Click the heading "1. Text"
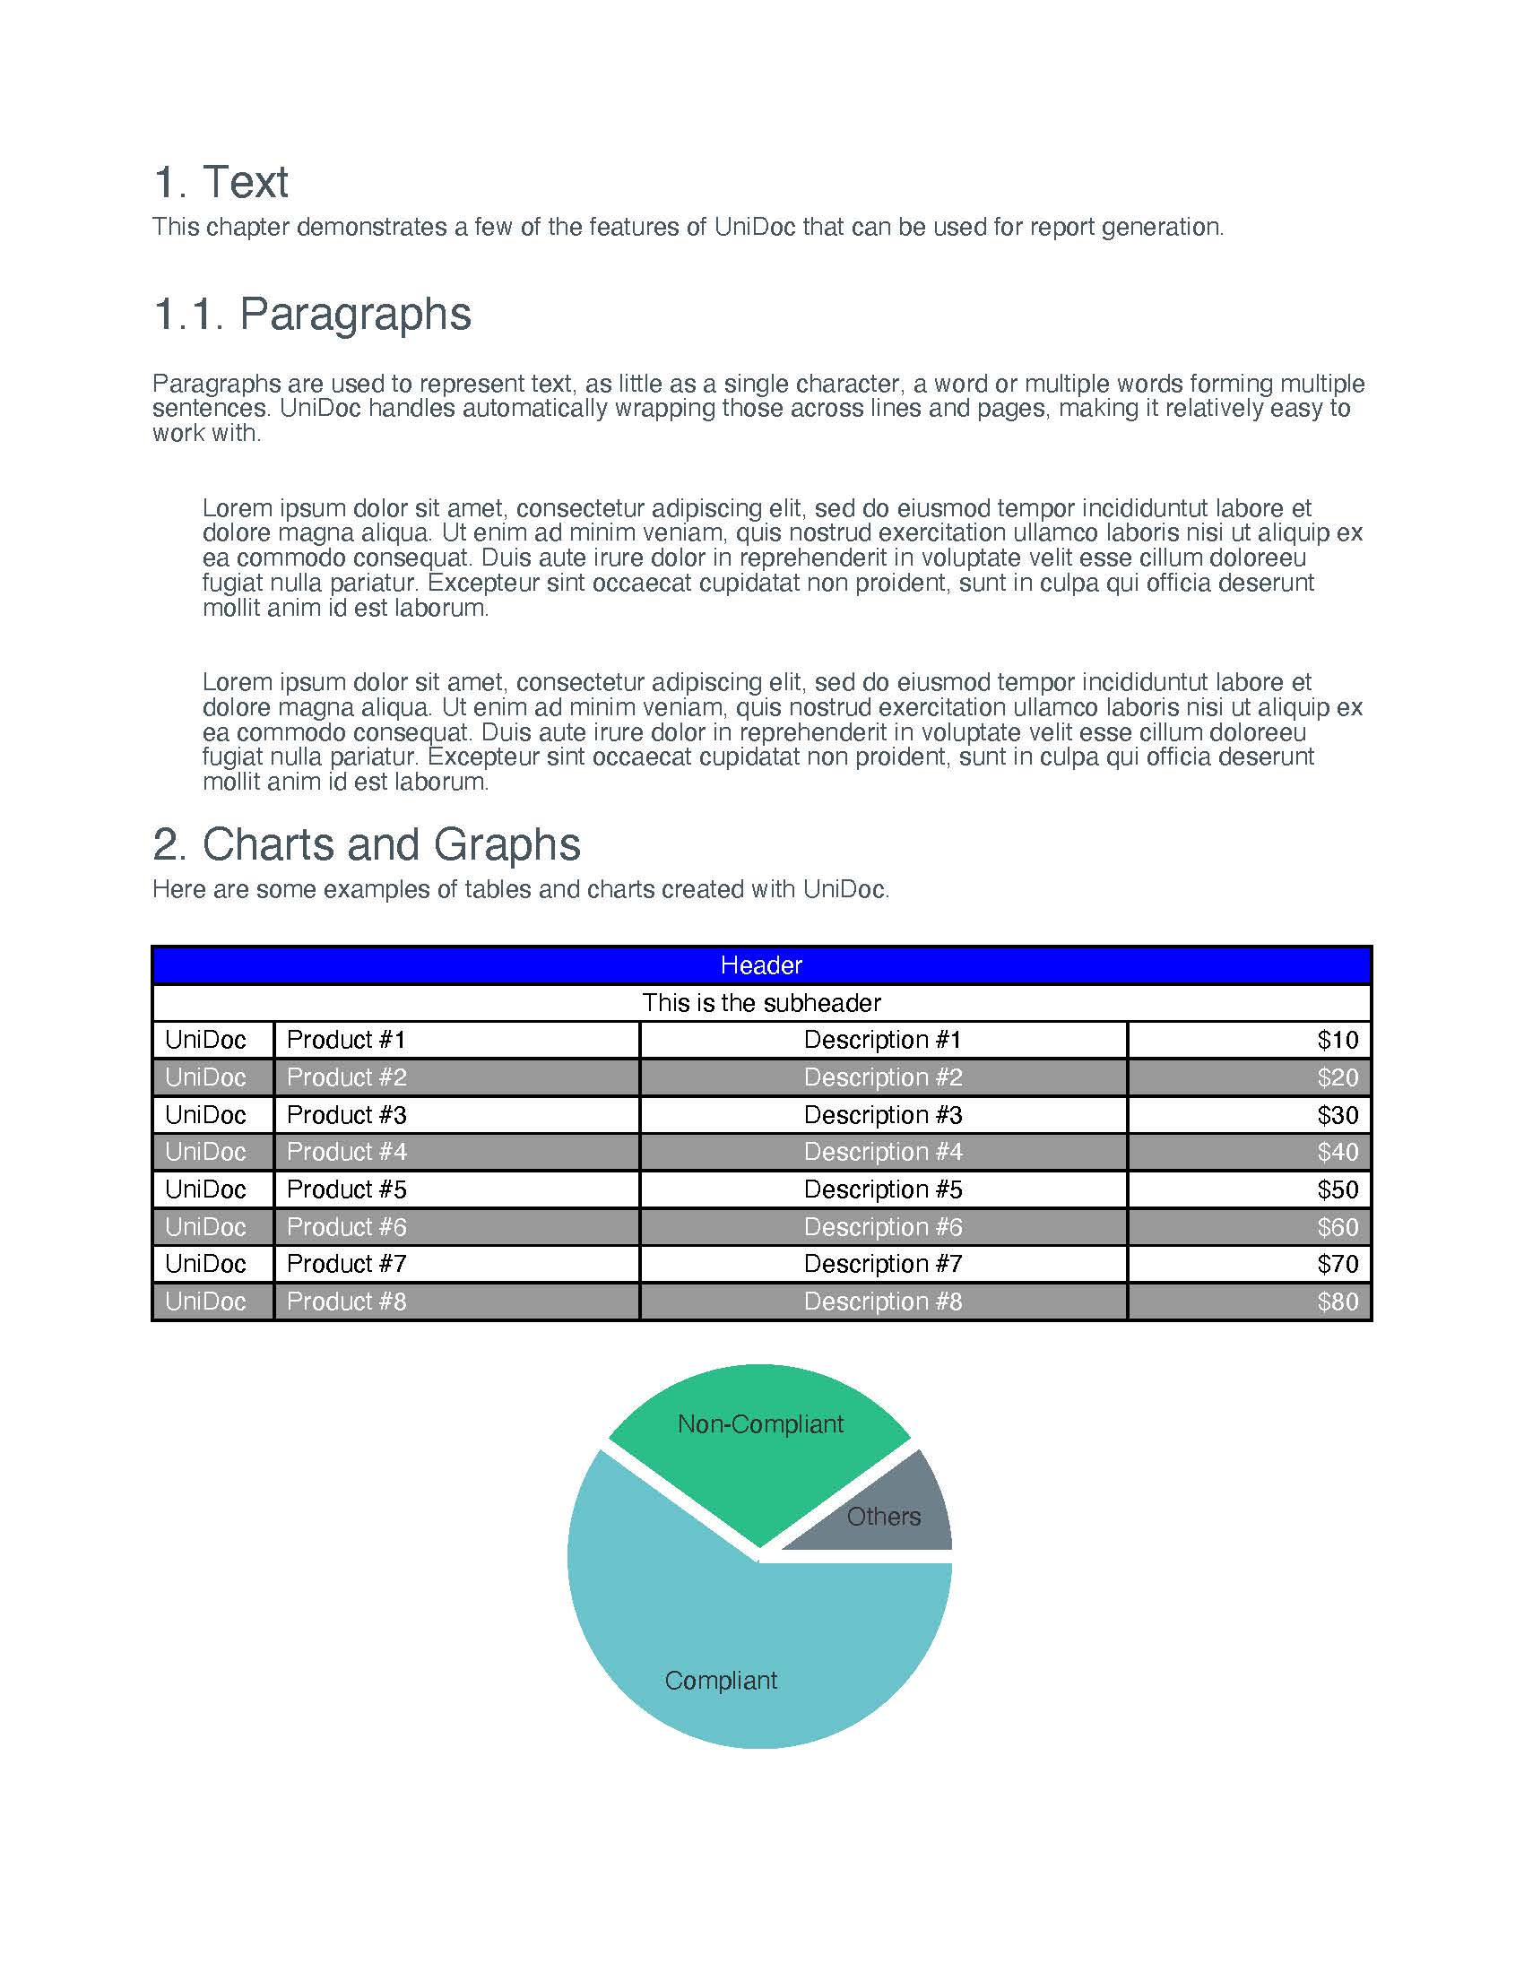[221, 182]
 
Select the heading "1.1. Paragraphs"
[311, 315]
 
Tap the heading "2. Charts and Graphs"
[366, 845]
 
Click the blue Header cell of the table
[761, 965]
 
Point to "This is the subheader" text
[761, 1003]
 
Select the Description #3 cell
[883, 1115]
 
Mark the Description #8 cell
[883, 1302]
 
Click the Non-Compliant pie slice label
[760, 1424]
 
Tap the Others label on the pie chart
[883, 1516]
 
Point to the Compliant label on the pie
[721, 1681]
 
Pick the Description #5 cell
[883, 1189]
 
